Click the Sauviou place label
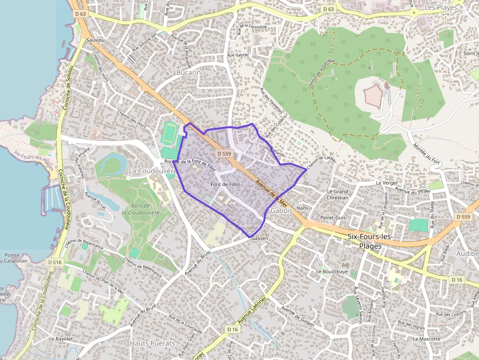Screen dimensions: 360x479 click(95, 40)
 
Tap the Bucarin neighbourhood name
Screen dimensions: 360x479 click(188, 72)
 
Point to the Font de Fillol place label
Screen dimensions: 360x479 click(225, 184)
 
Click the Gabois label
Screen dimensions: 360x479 click(281, 211)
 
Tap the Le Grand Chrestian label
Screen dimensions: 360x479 click(338, 194)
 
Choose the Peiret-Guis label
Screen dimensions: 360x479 click(333, 217)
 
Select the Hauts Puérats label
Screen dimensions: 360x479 click(152, 343)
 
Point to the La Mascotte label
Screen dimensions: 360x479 click(427, 339)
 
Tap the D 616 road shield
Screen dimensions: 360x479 click(55, 263)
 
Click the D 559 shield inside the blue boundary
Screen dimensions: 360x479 click(223, 154)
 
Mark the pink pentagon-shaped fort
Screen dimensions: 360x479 click(373, 95)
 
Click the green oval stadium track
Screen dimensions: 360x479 click(170, 133)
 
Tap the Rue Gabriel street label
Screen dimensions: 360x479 click(239, 55)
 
